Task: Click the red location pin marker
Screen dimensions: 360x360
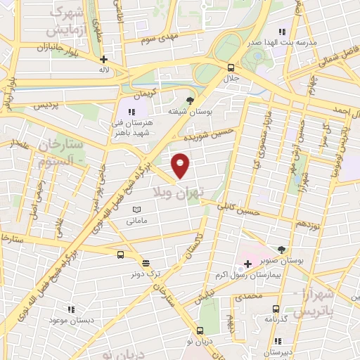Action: tap(181, 165)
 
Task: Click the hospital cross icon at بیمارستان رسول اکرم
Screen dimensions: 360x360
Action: tap(247, 264)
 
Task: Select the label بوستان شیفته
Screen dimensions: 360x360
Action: tap(186, 111)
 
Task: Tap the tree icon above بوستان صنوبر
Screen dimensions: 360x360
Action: tap(282, 250)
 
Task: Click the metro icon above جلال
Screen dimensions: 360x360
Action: tap(231, 67)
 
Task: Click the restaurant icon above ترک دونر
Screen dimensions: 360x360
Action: tap(145, 262)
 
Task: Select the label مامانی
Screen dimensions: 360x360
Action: tap(136, 221)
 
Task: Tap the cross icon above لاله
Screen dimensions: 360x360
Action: tap(104, 60)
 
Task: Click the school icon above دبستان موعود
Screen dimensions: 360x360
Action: tap(70, 309)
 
